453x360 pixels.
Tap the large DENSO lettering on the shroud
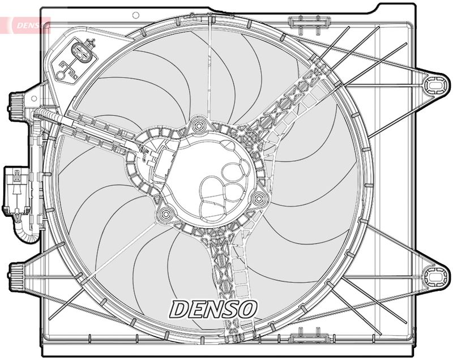click(x=214, y=308)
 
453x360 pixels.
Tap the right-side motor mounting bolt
click(x=259, y=198)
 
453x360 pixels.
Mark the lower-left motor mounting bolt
click(x=166, y=214)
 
